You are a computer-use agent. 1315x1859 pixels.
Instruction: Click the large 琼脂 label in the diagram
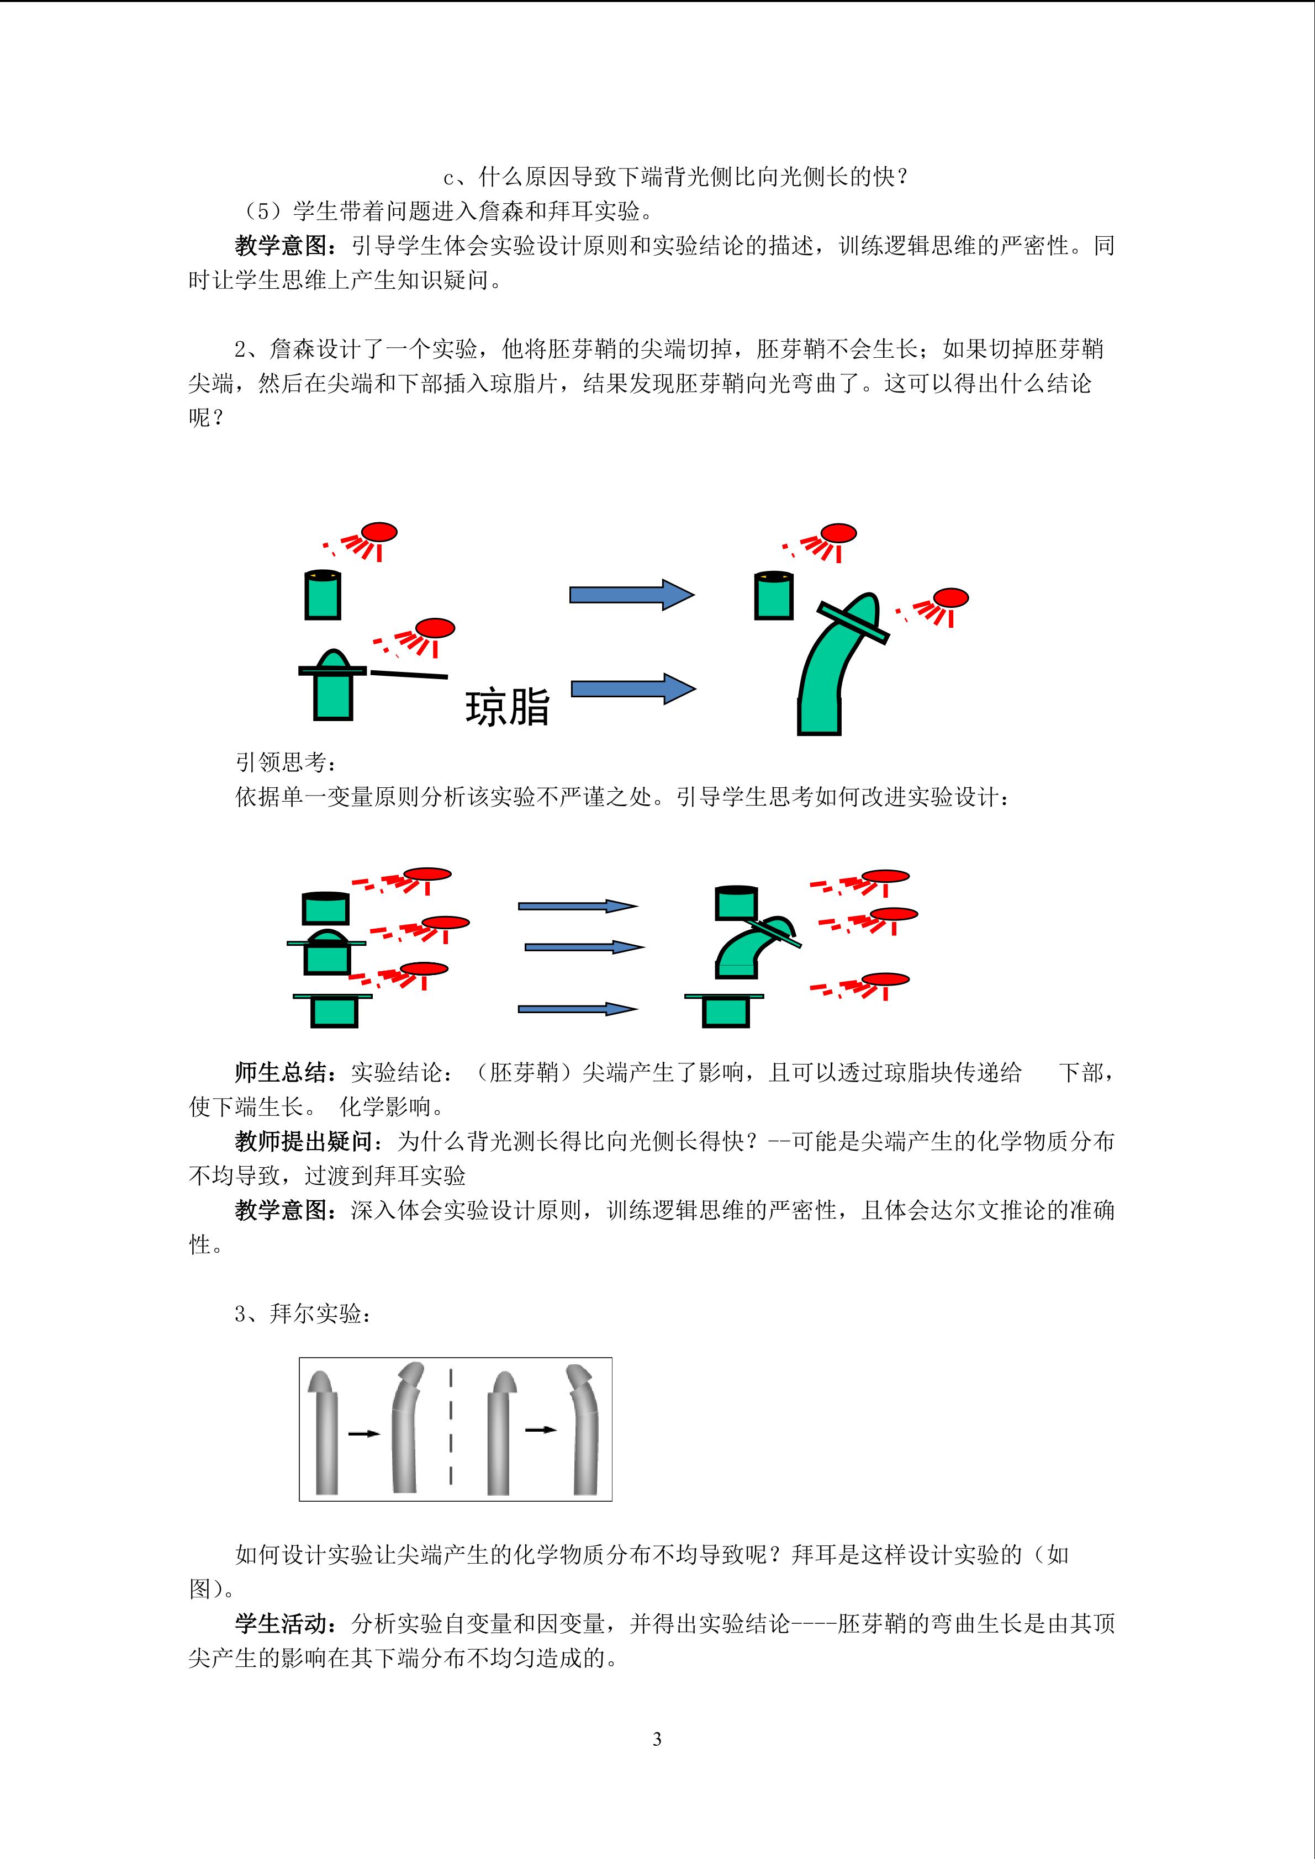pos(508,706)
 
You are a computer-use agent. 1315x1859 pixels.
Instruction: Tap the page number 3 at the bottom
pos(657,1738)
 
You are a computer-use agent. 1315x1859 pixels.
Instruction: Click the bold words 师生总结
pos(281,1073)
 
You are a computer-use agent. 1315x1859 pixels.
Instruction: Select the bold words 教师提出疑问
pos(304,1142)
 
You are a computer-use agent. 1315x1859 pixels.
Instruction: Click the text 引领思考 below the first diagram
pos(281,762)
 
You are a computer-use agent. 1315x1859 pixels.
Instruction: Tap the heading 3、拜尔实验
pos(304,1314)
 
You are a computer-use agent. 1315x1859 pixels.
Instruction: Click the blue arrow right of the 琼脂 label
pos(633,689)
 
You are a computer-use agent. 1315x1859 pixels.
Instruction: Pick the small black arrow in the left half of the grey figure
pos(365,1434)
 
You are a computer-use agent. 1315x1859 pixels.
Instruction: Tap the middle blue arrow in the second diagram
pos(585,946)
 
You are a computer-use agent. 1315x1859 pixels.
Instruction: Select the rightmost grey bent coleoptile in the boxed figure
pos(585,1429)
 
